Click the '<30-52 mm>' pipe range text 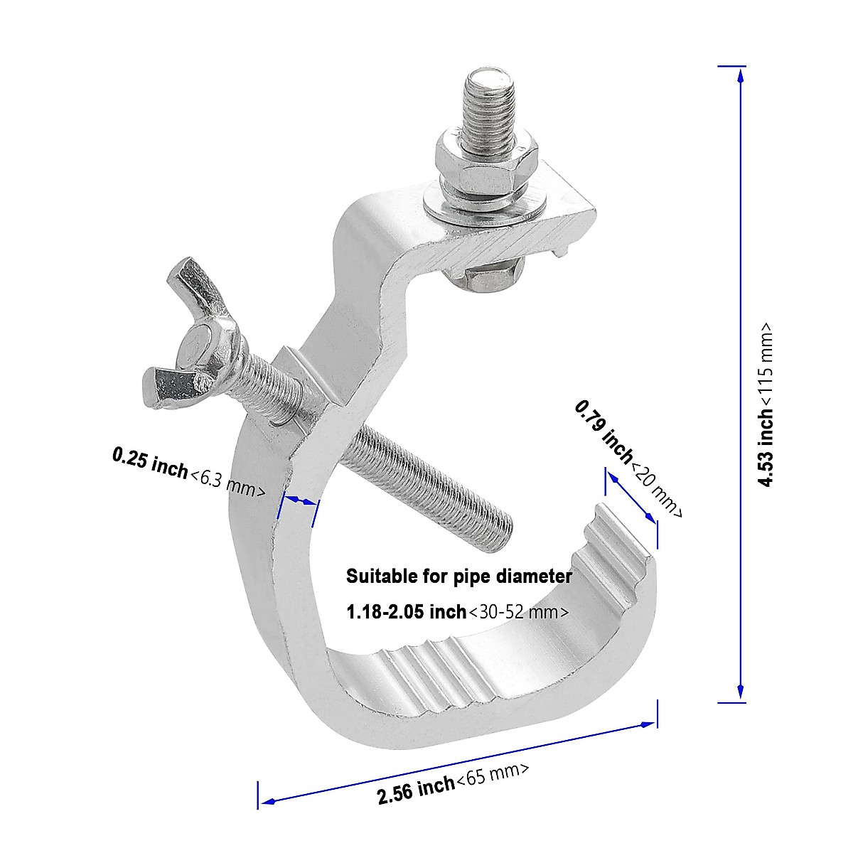[x=518, y=611]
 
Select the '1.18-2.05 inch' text [x=406, y=611]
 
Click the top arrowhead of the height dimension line [x=741, y=73]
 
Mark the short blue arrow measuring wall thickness [x=299, y=500]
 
